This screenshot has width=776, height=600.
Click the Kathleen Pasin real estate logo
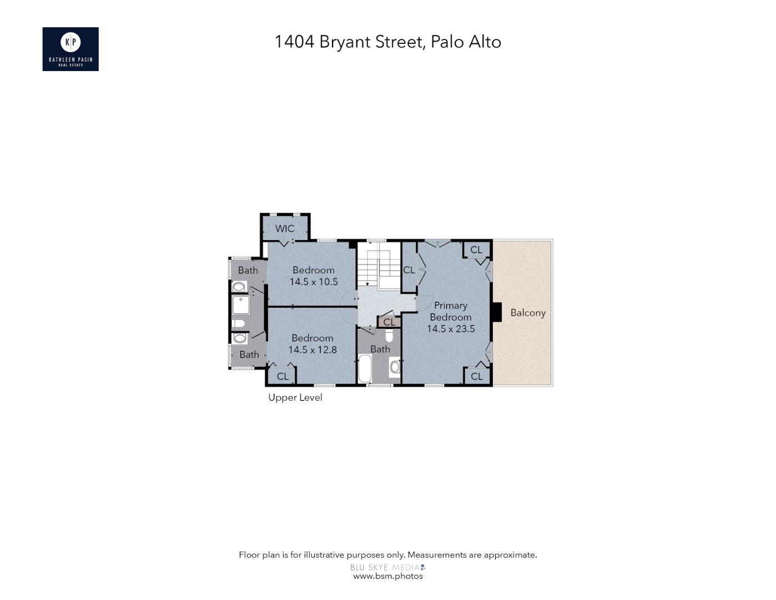70,49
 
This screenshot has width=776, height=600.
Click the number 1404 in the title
294,42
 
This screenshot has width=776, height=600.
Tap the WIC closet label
285,228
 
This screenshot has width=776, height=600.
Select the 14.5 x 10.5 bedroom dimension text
314,282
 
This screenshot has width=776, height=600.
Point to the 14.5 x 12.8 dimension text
313,349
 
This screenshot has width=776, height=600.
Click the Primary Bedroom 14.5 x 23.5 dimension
451,329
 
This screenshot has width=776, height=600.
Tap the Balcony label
528,313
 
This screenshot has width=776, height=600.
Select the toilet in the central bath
389,336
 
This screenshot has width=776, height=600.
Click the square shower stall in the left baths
241,305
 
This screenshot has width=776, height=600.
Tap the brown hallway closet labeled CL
389,322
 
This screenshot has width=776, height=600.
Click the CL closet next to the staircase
409,270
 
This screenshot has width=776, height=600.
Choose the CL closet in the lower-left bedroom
283,376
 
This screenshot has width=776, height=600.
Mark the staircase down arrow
367,283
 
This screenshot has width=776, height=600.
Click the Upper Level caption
295,397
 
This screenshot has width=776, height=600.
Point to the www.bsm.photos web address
388,576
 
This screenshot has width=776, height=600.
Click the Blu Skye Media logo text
385,567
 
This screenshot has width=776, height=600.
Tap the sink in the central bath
395,367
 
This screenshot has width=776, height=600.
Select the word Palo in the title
448,42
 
